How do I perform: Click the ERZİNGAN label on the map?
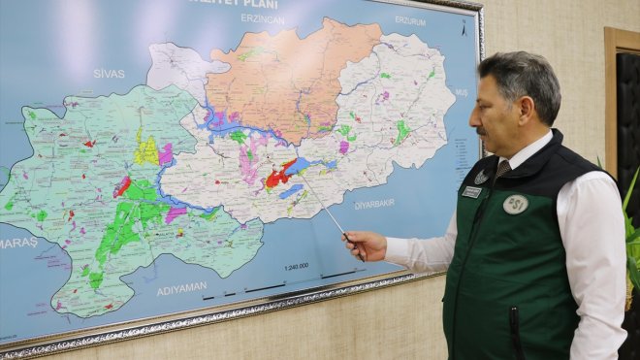(x=263, y=19)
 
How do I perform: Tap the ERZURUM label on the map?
(x=409, y=20)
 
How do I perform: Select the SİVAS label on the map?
(x=109, y=74)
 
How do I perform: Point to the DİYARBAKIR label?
(x=374, y=205)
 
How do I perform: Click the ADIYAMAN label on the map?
(x=181, y=288)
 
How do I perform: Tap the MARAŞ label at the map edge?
(x=18, y=243)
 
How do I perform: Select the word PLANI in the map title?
(x=258, y=4)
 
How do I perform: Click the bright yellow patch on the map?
(x=146, y=150)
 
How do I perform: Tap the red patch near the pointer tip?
(x=278, y=177)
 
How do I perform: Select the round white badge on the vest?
(x=515, y=204)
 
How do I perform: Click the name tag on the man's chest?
(x=471, y=192)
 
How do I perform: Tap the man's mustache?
(x=482, y=130)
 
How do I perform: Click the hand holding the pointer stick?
(x=365, y=245)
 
